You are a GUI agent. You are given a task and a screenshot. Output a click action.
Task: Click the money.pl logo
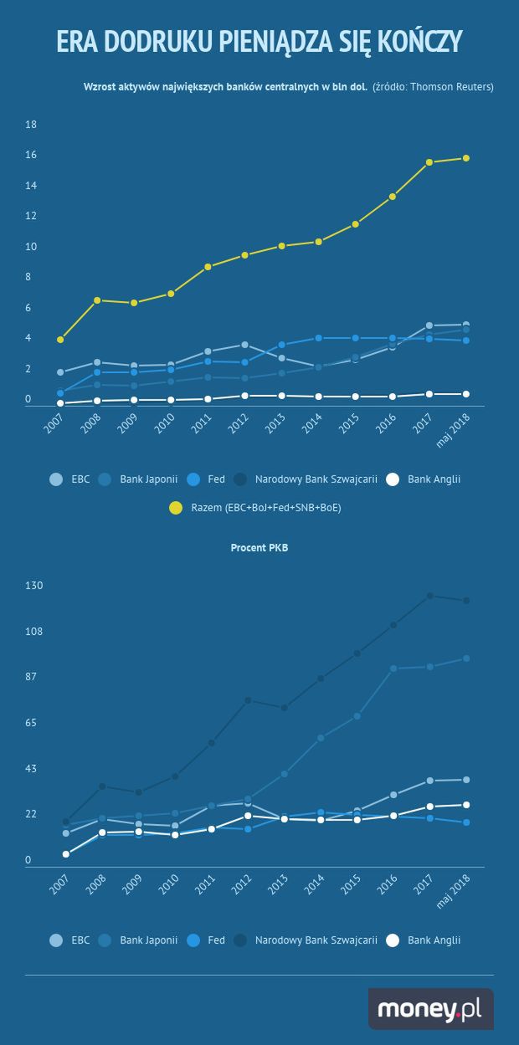430,1009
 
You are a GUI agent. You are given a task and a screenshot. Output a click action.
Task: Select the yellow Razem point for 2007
60,340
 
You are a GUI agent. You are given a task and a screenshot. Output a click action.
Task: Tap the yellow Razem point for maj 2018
466,158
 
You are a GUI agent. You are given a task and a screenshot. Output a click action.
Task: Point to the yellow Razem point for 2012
244,255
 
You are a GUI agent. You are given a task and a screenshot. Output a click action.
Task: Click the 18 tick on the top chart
32,125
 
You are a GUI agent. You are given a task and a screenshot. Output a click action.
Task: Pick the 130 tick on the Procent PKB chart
33,585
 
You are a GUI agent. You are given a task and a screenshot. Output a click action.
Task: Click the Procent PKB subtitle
259,548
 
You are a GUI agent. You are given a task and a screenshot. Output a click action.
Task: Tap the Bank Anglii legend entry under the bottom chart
423,940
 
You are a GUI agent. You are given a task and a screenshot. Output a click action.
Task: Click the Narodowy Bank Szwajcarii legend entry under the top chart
306,479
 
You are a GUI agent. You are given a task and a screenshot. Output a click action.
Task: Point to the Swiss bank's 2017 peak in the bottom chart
429,596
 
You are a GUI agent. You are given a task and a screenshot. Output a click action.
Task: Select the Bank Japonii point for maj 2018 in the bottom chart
466,658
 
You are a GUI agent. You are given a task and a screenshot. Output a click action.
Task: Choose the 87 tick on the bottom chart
32,676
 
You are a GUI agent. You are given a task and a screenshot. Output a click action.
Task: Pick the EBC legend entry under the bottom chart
70,940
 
